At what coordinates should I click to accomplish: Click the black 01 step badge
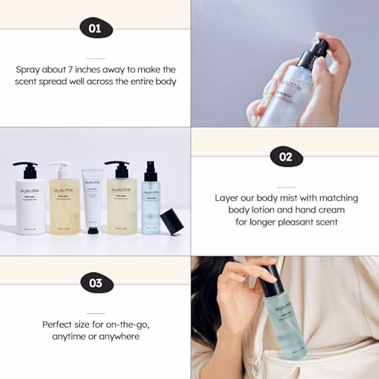95,29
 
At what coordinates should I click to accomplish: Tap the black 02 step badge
286,157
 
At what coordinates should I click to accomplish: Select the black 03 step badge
95,283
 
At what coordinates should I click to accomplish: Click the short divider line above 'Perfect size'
95,314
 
